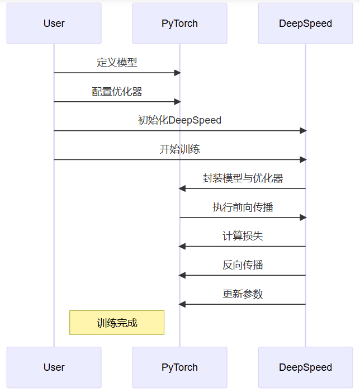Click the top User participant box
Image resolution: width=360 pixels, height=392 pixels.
(x=54, y=23)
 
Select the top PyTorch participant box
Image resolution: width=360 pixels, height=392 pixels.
(x=179, y=23)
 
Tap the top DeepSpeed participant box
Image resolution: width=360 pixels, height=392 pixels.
(x=305, y=23)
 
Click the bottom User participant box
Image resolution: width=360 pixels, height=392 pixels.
(x=54, y=367)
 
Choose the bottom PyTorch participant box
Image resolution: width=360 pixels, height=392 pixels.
(x=179, y=367)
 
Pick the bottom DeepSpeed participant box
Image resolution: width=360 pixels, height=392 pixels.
(x=305, y=367)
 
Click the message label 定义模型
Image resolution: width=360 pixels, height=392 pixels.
(x=117, y=62)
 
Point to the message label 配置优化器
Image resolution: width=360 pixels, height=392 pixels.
(x=117, y=91)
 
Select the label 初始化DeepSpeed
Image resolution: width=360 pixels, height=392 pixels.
(x=179, y=120)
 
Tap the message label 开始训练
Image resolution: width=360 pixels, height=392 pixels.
(x=179, y=149)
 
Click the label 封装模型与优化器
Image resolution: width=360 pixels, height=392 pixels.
(x=243, y=178)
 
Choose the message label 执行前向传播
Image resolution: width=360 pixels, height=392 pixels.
(x=243, y=207)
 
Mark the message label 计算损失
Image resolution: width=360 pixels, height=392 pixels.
(x=243, y=236)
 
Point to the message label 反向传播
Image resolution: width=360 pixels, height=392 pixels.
(x=243, y=265)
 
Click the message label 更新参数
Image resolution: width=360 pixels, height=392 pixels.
(x=243, y=294)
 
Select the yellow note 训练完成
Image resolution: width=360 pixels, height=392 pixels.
(x=117, y=323)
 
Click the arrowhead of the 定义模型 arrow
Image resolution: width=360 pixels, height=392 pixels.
(x=177, y=73)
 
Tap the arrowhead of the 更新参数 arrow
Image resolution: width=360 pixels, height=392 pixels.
(x=182, y=304)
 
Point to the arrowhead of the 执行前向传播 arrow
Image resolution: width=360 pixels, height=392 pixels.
(x=303, y=218)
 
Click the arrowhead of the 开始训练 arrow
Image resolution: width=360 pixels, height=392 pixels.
(x=303, y=159)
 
